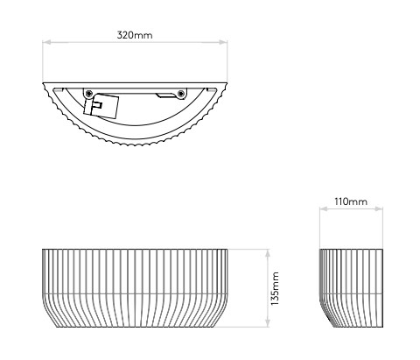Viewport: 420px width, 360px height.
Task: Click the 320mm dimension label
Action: [x=135, y=35]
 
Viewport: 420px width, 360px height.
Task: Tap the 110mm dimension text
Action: [x=351, y=201]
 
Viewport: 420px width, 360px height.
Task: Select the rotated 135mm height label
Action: [x=275, y=288]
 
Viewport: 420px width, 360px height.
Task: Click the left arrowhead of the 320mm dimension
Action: [x=46, y=42]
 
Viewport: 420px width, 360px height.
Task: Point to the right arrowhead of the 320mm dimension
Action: [x=223, y=42]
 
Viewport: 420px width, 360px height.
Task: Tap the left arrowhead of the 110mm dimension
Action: [x=324, y=208]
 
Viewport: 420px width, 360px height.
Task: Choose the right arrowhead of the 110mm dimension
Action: [x=379, y=208]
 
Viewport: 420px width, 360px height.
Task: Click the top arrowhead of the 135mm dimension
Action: [x=268, y=253]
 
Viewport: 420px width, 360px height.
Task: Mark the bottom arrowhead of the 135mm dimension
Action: [x=268, y=323]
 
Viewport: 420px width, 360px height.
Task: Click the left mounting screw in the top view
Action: [x=89, y=94]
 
